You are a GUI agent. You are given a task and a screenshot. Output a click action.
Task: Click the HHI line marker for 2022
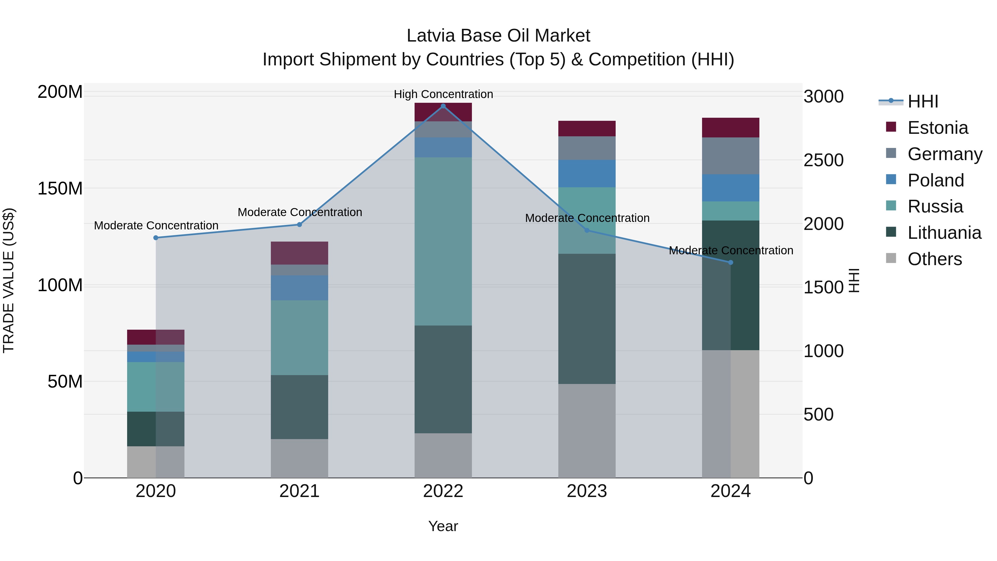pos(443,106)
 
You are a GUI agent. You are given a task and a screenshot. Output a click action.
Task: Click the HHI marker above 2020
pos(156,238)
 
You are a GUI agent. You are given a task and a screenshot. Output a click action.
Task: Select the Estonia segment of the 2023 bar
pos(587,129)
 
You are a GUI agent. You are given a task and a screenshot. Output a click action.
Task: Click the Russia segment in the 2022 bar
pos(443,241)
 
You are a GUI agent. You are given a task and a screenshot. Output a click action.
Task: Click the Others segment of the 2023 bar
pos(587,431)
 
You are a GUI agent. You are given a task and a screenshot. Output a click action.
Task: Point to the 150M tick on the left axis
pos(60,189)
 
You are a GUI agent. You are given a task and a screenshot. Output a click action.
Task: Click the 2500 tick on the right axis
pos(823,160)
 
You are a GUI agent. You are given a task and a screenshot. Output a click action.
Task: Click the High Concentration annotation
pos(443,94)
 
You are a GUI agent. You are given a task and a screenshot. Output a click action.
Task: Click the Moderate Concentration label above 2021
pos(300,212)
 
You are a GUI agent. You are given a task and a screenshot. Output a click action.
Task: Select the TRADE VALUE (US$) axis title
pos(9,280)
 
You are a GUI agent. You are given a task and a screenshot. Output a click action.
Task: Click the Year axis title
pos(443,526)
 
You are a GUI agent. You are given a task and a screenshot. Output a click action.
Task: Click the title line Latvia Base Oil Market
pos(498,36)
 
